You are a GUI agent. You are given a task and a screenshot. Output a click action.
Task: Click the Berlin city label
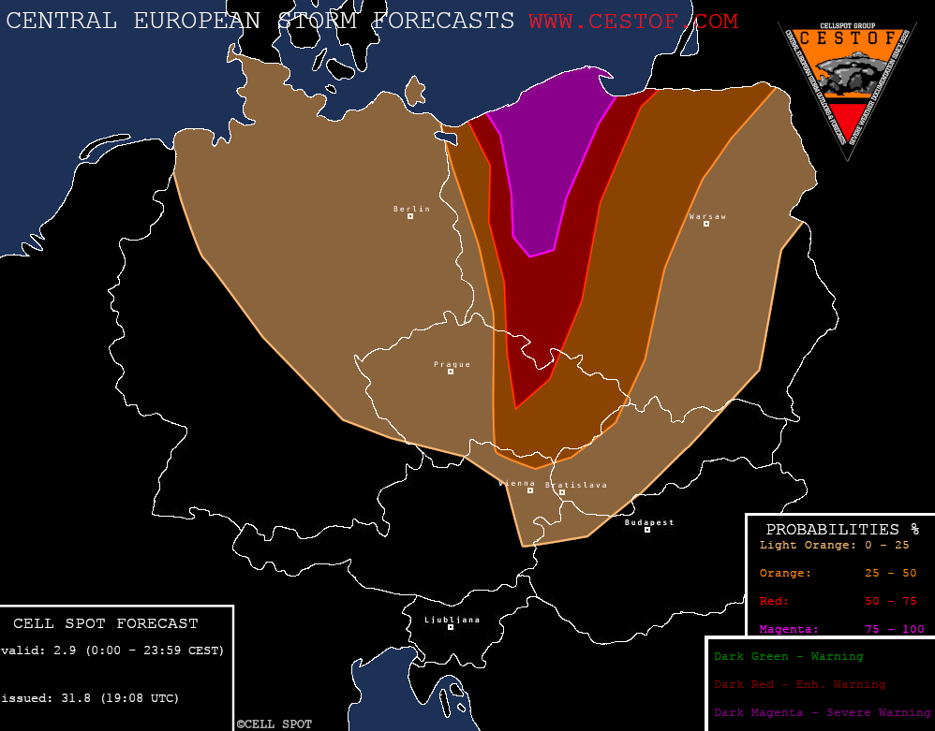[x=411, y=209]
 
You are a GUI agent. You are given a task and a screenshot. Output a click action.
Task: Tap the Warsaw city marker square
[x=706, y=224]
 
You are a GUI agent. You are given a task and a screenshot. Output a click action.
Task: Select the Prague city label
[x=452, y=364]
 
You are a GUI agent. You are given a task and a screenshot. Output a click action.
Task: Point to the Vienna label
[x=517, y=483]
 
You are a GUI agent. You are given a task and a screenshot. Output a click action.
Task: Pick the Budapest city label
[x=649, y=522]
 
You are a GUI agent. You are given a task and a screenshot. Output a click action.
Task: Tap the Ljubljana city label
[x=452, y=620]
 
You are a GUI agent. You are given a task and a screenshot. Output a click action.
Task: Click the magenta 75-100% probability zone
[x=548, y=159]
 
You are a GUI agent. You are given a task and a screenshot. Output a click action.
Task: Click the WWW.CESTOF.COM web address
[x=633, y=21]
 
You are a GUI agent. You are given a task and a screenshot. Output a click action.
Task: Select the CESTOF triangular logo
[x=848, y=84]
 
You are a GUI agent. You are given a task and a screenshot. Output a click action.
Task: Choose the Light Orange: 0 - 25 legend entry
[x=834, y=545]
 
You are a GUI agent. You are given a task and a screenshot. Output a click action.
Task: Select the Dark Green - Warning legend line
[x=788, y=656]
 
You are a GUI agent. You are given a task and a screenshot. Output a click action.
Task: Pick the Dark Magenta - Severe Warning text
[x=822, y=713]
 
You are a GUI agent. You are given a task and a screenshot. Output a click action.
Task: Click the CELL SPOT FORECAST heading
[x=106, y=623]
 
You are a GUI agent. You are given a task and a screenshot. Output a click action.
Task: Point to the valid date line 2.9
[x=112, y=650]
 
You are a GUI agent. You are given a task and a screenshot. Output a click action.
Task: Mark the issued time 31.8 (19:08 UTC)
[x=90, y=698]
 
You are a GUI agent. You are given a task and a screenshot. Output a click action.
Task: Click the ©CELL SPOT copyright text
[x=274, y=724]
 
